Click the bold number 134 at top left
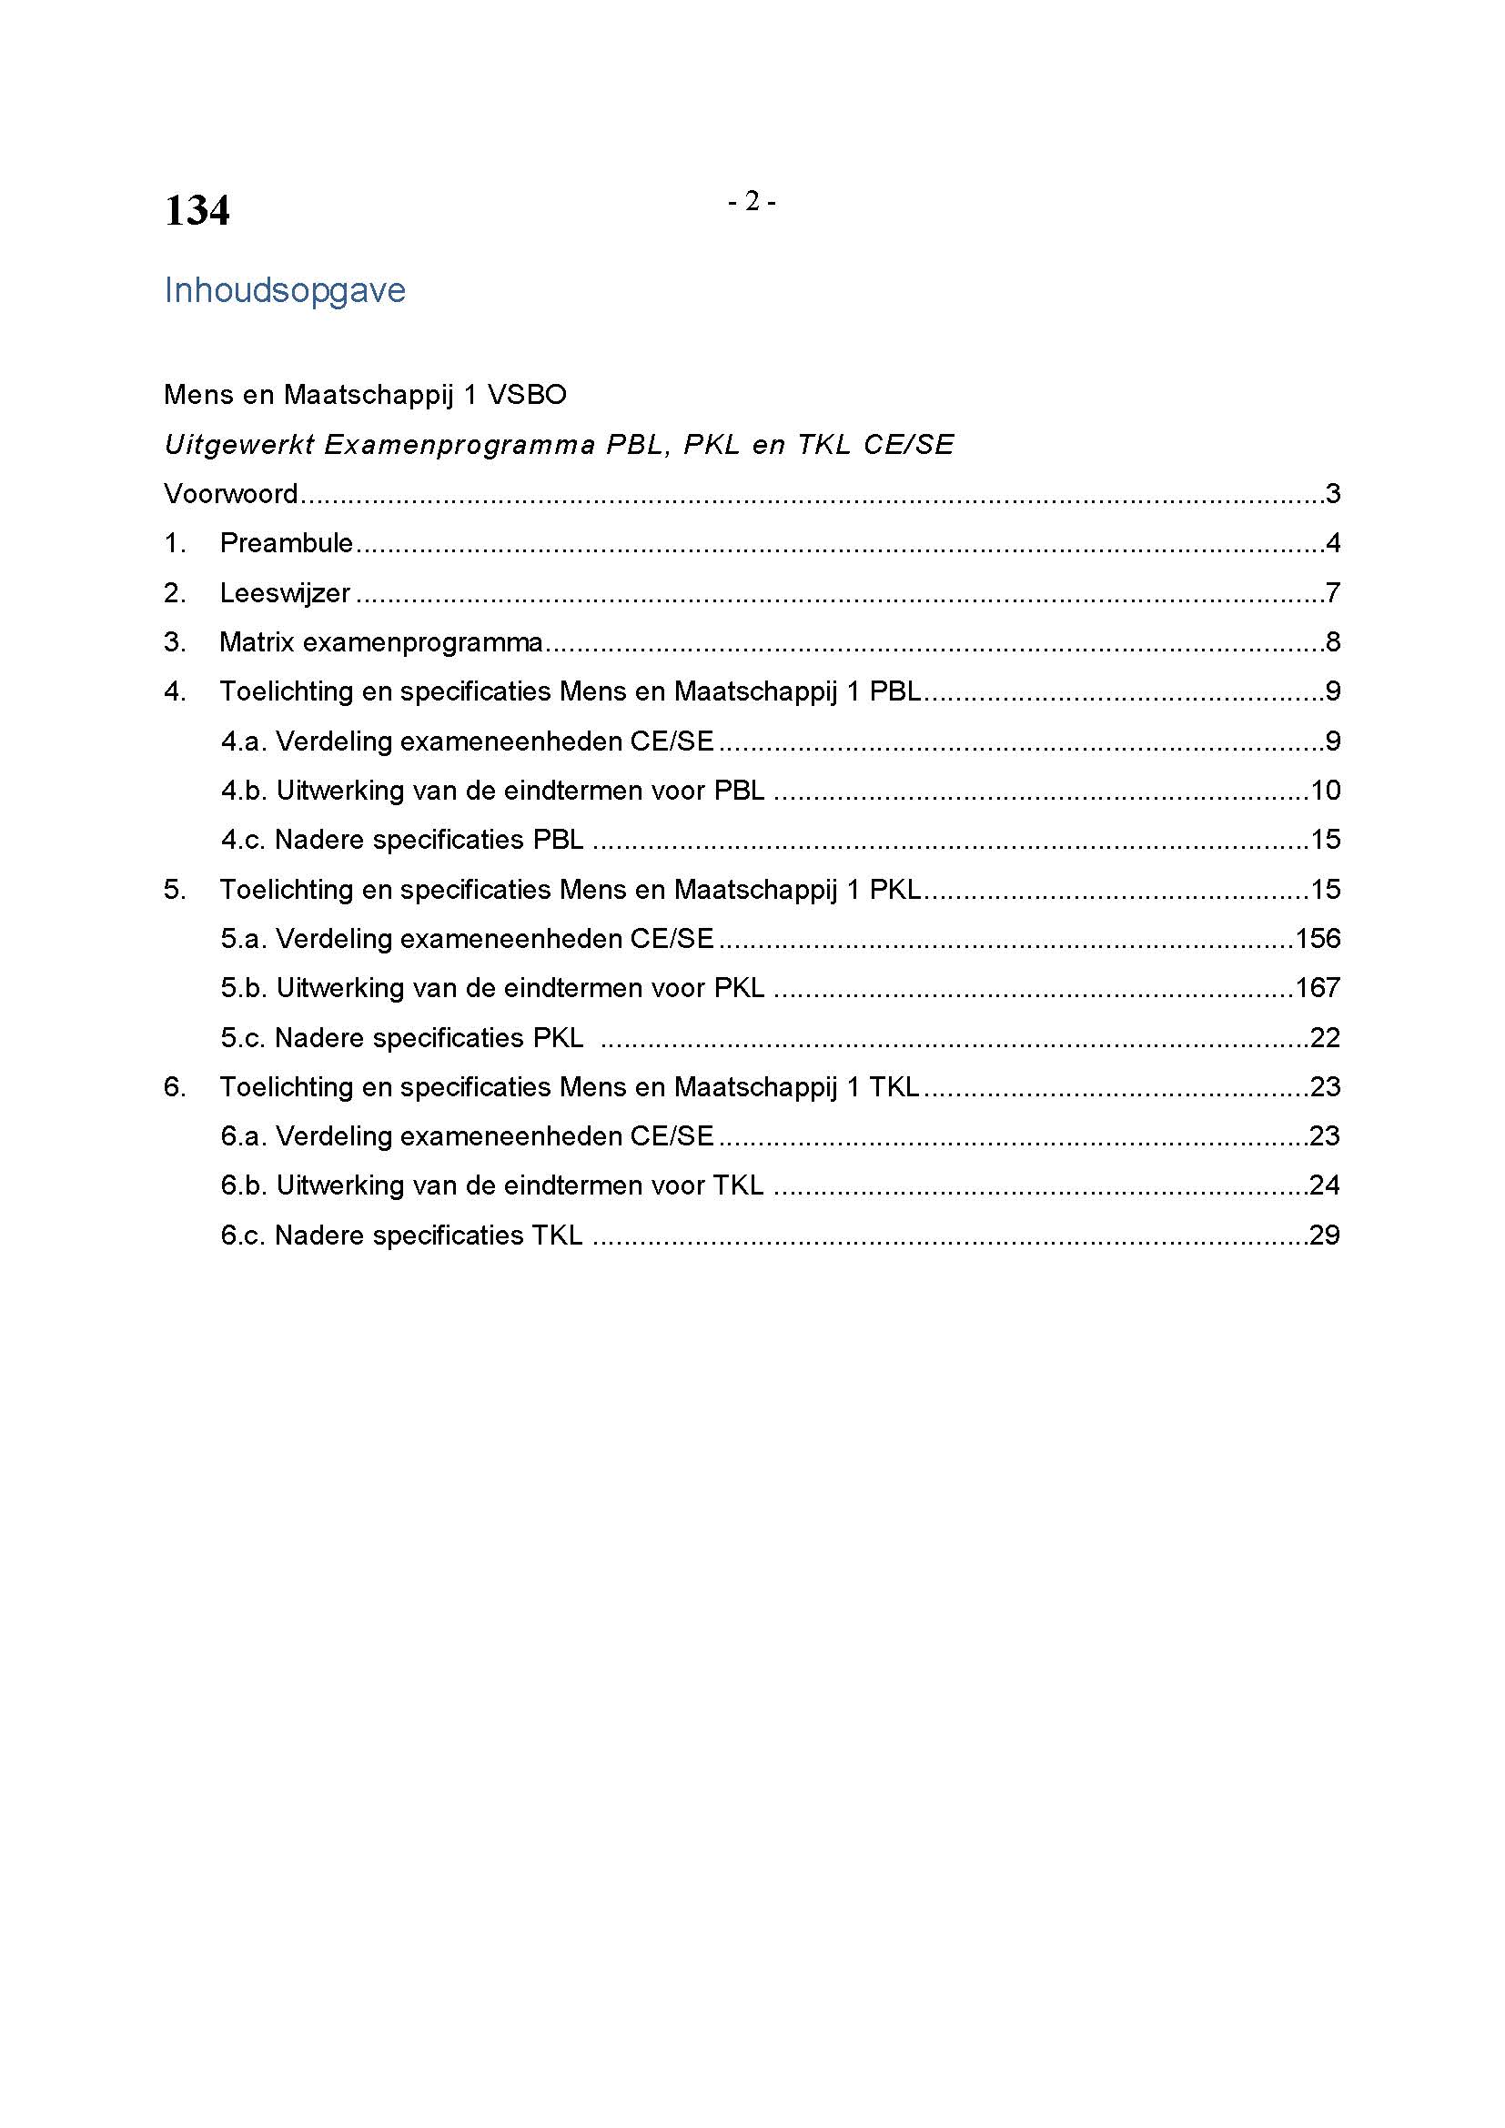tap(197, 211)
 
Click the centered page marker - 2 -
tap(752, 201)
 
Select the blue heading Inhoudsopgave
tap(285, 291)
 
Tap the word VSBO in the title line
tap(526, 395)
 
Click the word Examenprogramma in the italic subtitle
tap(460, 445)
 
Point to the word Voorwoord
tap(231, 494)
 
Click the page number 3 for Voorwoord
tap(1333, 494)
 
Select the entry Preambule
tap(287, 543)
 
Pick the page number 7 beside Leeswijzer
tap(1333, 593)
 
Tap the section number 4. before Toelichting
tap(175, 691)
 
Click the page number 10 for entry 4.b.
tap(1325, 791)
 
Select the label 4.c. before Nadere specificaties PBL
tap(243, 840)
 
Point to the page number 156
tap(1318, 939)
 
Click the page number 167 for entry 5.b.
tap(1318, 988)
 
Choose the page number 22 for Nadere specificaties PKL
tap(1325, 1038)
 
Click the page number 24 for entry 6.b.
tap(1325, 1185)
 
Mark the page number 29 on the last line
tap(1325, 1235)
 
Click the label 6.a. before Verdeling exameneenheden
tap(243, 1136)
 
